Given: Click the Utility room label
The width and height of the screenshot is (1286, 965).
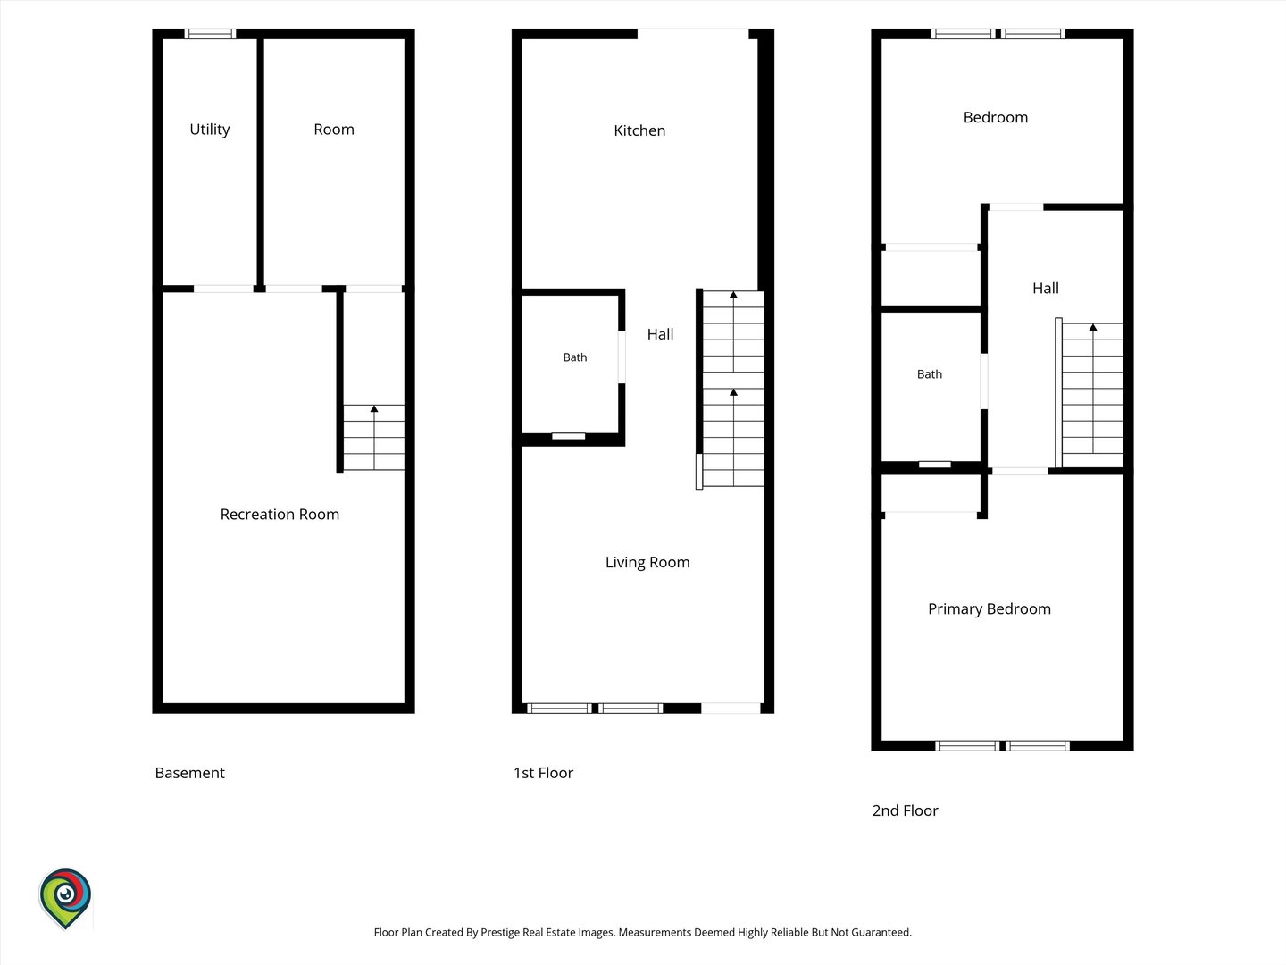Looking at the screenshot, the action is [210, 130].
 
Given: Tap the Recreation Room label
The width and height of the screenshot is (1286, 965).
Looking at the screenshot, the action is [280, 515].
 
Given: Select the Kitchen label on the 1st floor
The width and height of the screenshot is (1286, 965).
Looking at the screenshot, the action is [639, 130].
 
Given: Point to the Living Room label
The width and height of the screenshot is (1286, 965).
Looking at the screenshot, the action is [647, 563].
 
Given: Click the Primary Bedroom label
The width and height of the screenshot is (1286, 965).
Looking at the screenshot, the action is [989, 609].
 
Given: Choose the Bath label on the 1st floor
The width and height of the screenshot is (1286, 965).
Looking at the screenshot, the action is [575, 357].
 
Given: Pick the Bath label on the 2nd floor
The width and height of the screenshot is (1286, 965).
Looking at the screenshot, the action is [929, 374].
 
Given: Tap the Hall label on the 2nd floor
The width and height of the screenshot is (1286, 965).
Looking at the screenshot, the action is [1045, 289].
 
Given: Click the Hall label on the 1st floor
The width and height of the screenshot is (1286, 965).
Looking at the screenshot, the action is [660, 334].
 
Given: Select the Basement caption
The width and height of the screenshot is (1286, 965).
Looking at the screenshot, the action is [190, 774].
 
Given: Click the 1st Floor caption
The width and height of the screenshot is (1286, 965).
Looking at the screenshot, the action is [543, 774].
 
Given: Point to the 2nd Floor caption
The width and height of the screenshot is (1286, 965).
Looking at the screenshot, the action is [905, 811].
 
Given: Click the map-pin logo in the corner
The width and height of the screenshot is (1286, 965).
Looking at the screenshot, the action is [65, 898].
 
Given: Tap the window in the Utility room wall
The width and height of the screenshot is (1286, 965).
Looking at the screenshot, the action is [210, 34].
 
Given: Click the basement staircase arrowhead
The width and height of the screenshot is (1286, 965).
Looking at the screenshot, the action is [374, 409].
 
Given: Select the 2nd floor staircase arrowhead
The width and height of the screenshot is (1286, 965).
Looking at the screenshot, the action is [1093, 328].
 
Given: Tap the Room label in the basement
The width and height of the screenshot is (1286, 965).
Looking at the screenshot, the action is [334, 130].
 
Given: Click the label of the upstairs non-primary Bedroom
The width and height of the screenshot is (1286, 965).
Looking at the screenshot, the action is [996, 118].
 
